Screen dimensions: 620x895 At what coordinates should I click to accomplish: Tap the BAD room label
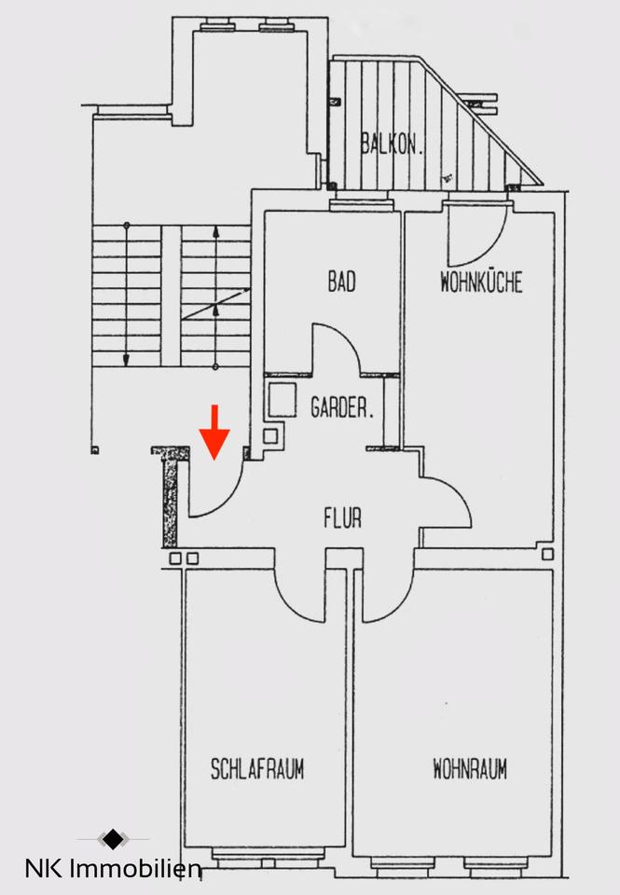(341, 282)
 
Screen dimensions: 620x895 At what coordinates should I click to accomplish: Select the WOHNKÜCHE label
(481, 282)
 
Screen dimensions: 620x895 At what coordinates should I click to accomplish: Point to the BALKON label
(393, 145)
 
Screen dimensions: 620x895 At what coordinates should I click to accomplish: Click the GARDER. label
(342, 407)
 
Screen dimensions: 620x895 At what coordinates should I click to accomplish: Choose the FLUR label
(342, 517)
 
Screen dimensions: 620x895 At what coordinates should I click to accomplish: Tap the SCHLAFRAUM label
(257, 770)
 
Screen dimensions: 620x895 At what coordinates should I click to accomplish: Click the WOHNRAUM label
(470, 770)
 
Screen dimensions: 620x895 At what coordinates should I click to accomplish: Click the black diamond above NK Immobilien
(112, 839)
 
